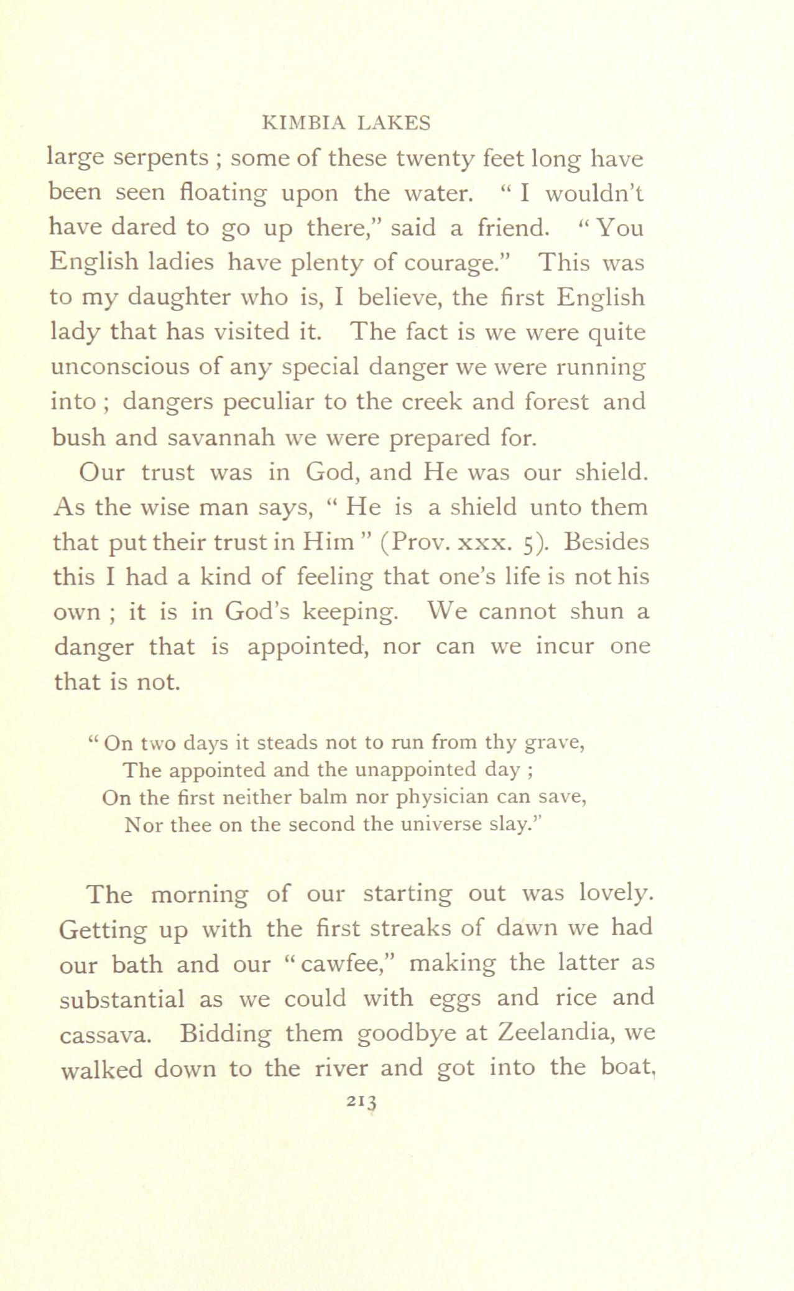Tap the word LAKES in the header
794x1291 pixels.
394,123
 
